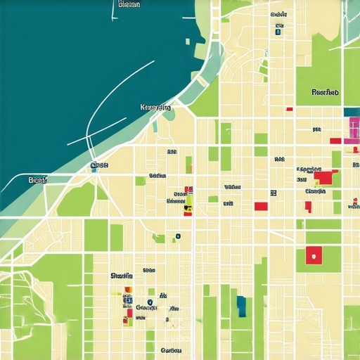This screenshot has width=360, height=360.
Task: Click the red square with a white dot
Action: pos(314,255)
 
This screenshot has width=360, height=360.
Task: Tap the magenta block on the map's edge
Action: pos(354,128)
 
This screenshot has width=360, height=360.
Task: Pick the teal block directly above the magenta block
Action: pos(352,111)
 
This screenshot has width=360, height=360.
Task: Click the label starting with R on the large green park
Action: pos(325,92)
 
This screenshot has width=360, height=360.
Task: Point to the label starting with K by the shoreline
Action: pos(155,108)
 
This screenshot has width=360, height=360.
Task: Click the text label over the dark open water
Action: pos(129,4)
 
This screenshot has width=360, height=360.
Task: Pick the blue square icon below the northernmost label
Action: pos(278,30)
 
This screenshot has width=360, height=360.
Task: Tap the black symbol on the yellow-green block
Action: pos(187,207)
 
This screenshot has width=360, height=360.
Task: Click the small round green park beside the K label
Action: pos(168,115)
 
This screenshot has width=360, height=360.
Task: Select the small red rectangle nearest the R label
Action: pos(289,109)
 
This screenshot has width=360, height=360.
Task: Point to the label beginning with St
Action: pos(122,276)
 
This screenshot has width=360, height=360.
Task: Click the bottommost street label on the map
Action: pos(171,349)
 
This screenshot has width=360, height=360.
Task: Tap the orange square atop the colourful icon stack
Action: pos(128,290)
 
